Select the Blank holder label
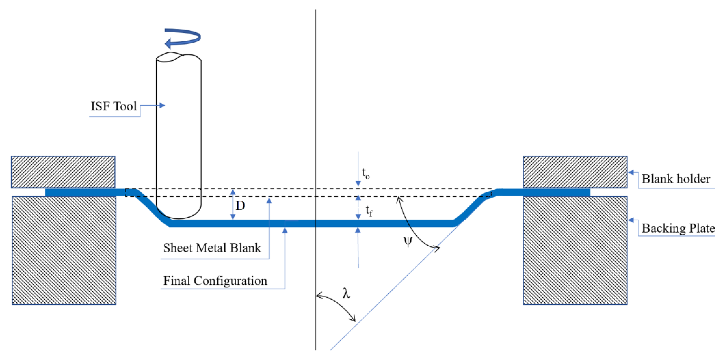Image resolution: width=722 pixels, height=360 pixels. [676, 179]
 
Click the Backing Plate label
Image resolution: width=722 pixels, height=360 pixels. [678, 228]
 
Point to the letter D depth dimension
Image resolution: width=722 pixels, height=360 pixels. [240, 206]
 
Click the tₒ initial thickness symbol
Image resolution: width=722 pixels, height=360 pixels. [366, 173]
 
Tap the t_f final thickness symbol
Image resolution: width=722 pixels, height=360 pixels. [369, 210]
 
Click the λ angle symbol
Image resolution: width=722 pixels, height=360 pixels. [346, 293]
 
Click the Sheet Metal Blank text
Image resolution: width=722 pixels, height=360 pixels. [212, 248]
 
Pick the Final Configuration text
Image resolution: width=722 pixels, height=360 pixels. [215, 281]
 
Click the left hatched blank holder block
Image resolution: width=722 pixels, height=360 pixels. [63, 172]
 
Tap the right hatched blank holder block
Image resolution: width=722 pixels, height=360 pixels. [575, 172]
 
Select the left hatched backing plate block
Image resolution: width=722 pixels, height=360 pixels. [64, 251]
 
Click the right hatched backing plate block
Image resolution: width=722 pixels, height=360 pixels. [575, 251]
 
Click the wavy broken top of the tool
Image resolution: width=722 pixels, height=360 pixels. [178, 57]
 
